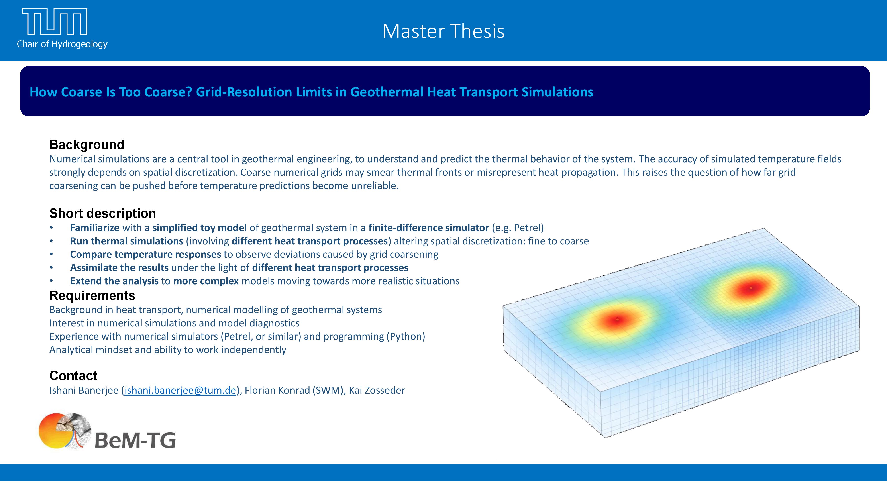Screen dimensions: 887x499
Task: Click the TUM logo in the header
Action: coord(54,22)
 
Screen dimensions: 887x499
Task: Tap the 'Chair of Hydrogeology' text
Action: coord(62,44)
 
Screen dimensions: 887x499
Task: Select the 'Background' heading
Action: coord(87,145)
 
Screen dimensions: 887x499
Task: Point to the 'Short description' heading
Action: coord(103,214)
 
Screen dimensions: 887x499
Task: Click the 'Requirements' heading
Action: coord(92,295)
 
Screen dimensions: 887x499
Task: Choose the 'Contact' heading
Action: coord(73,376)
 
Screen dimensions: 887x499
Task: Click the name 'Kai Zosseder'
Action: coord(377,390)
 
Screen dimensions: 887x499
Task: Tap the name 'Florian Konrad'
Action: coord(277,390)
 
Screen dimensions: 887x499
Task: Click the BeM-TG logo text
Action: coord(135,440)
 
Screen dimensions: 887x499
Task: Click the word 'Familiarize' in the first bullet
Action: coord(95,228)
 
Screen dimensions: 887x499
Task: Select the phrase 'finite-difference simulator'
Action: coord(429,228)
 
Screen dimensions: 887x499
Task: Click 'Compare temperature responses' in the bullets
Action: coord(146,254)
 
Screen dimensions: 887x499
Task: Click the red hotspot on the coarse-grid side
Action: coord(617,319)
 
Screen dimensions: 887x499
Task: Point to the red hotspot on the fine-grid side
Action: coord(751,288)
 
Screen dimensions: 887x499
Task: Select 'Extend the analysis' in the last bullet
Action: coord(114,281)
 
